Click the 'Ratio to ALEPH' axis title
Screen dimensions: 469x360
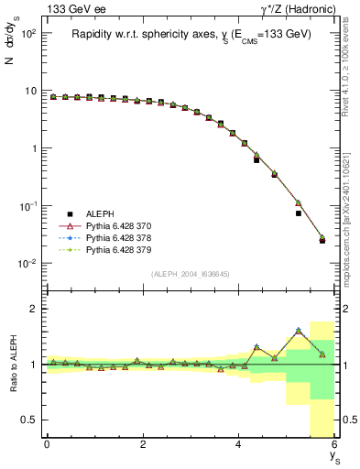14,364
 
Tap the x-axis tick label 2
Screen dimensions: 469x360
143,445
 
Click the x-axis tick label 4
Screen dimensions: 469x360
239,445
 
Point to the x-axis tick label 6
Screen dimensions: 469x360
334,445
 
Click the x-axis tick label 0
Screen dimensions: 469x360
47,445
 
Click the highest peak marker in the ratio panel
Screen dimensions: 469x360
298,331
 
